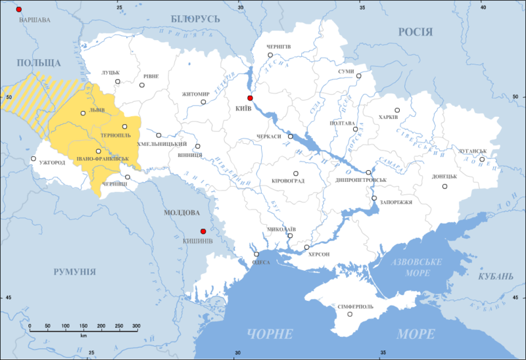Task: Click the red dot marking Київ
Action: point(250,98)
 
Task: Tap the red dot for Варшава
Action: point(19,10)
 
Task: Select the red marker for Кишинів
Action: point(203,231)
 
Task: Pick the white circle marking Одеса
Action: point(256,255)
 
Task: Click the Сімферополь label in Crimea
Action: point(355,307)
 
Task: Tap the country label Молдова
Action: point(181,213)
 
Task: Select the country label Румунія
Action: point(74,271)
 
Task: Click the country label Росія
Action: point(415,32)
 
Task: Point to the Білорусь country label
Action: point(195,18)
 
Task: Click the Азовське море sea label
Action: point(416,266)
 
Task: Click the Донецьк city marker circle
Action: point(445,187)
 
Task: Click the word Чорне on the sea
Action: point(270,334)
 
